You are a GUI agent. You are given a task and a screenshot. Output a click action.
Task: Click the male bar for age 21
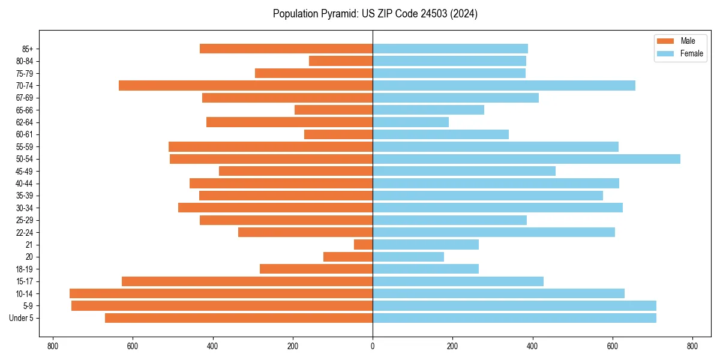coord(364,245)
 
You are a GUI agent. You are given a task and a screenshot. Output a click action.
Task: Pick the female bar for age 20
coord(408,257)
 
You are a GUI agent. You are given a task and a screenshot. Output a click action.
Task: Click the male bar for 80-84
coord(341,61)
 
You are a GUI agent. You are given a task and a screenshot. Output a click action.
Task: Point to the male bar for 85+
coord(286,49)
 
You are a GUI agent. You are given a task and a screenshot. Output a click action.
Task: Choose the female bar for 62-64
coord(410,122)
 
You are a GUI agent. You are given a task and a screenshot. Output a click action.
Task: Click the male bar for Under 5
coord(239,318)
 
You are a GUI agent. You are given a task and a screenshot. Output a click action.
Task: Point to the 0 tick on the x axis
coord(373,346)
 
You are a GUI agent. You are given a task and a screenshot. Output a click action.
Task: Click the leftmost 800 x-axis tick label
coord(53,346)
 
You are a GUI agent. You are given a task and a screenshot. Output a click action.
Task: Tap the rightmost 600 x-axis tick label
coord(612,346)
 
